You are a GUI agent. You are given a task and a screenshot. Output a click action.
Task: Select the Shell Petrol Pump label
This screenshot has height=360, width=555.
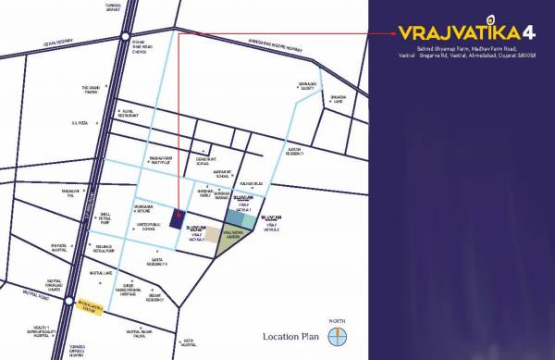tap(92, 217)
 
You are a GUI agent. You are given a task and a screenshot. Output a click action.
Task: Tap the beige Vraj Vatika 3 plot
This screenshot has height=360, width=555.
tap(213, 235)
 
